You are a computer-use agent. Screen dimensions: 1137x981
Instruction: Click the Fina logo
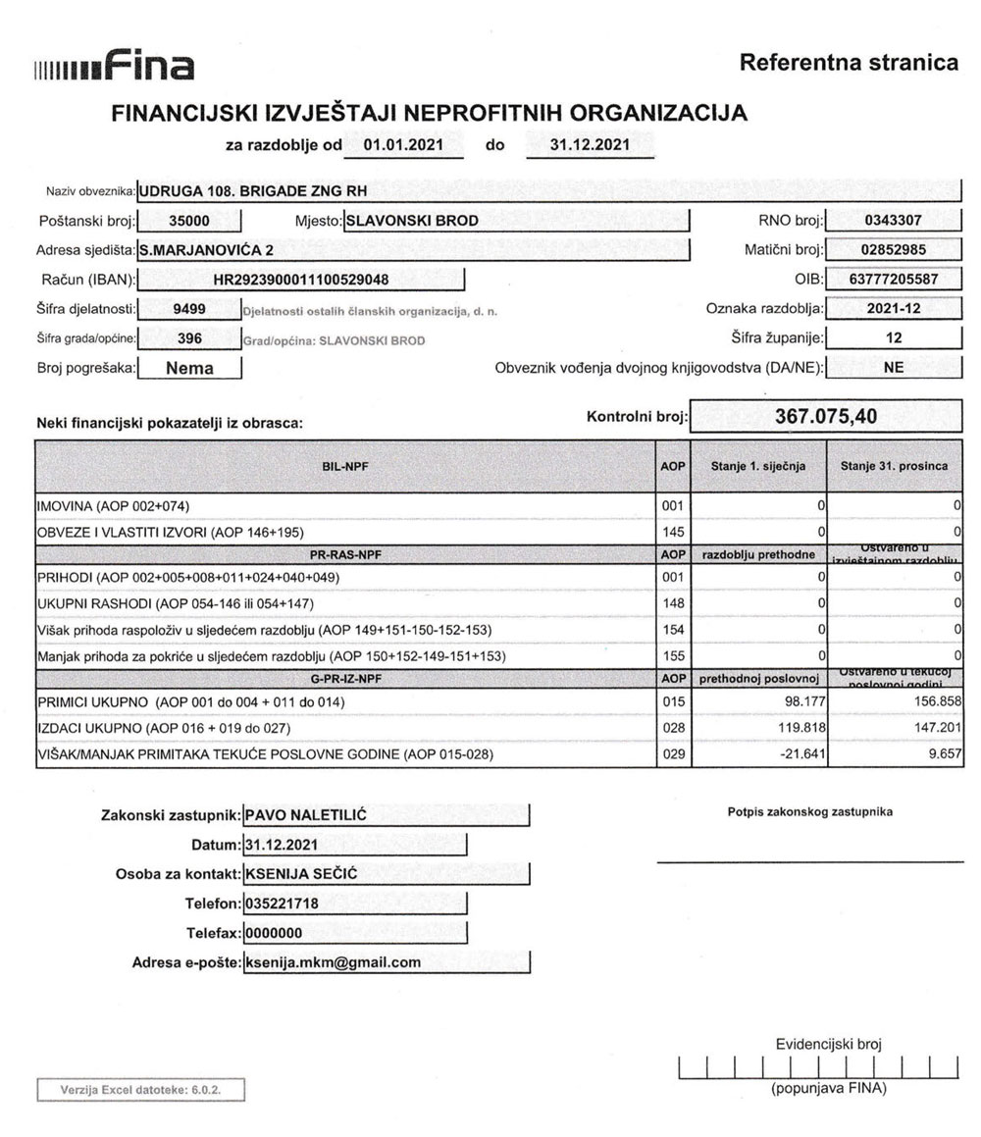coord(114,67)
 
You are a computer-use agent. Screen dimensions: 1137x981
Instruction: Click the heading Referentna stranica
coord(848,64)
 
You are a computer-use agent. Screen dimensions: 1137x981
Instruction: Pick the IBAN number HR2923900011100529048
coord(301,280)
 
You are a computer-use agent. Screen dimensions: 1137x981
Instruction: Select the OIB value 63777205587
coord(894,280)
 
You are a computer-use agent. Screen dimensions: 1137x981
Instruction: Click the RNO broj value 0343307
coord(894,221)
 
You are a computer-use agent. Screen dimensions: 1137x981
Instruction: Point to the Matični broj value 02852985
coord(894,250)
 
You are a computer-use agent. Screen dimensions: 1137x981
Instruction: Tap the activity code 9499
coord(188,309)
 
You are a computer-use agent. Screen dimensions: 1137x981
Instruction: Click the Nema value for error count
coord(189,369)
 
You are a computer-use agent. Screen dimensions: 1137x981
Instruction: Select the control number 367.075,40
coord(826,416)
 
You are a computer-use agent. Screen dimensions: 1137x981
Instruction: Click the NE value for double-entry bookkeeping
coord(894,369)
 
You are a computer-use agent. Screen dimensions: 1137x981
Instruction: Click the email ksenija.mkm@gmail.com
coord(334,962)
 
